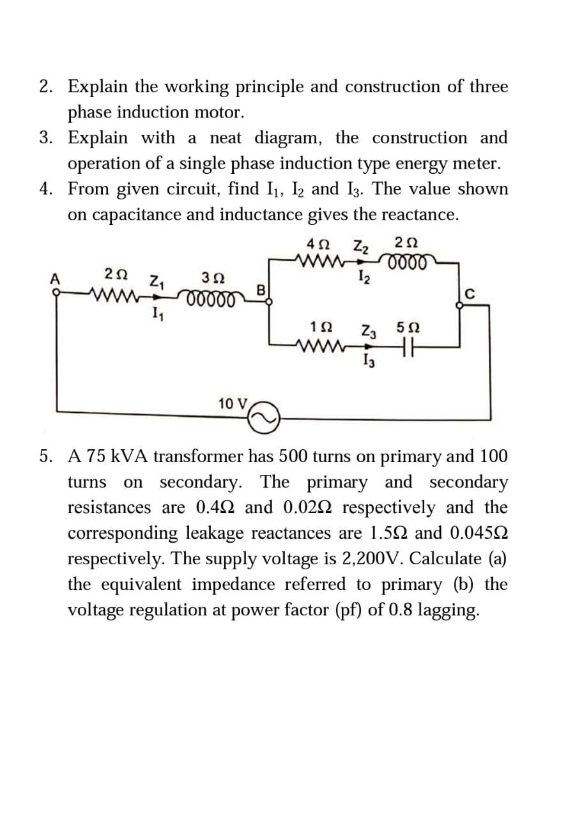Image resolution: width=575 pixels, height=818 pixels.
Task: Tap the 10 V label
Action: click(233, 404)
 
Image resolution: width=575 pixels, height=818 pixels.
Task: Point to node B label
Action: click(260, 289)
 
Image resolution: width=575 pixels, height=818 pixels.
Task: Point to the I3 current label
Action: click(366, 364)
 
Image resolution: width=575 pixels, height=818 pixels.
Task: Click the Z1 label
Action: click(157, 280)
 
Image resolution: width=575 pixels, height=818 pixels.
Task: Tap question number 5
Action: click(45, 456)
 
